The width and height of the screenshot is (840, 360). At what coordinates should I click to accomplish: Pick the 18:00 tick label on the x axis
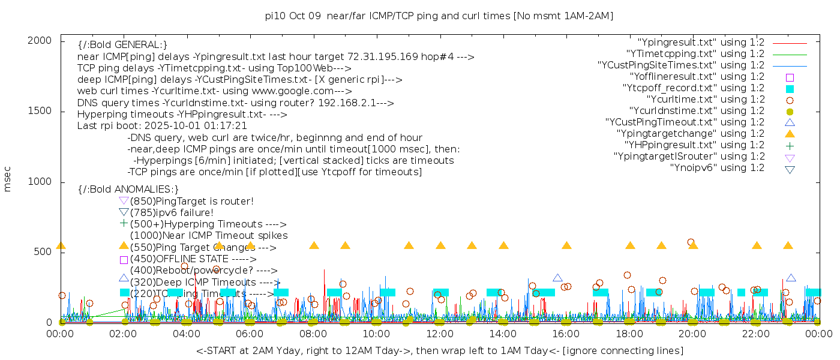pos(629,334)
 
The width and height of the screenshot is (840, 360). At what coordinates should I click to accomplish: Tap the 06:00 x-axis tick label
pos(250,334)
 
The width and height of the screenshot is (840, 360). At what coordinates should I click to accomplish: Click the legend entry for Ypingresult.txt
pos(701,43)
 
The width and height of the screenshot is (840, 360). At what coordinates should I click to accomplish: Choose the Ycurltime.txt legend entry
pos(705,100)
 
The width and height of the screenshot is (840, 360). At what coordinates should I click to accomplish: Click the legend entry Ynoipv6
pos(717,168)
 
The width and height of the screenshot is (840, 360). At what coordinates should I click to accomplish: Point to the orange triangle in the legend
pos(790,134)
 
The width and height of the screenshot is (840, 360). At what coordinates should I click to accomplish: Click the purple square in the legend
pos(790,77)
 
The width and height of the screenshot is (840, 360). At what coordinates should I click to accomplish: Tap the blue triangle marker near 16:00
pos(557,278)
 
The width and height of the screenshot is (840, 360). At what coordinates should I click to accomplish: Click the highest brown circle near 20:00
pos(691,242)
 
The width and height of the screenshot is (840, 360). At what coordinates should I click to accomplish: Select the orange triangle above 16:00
pos(566,245)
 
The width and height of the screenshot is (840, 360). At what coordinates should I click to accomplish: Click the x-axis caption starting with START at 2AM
pos(439,350)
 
